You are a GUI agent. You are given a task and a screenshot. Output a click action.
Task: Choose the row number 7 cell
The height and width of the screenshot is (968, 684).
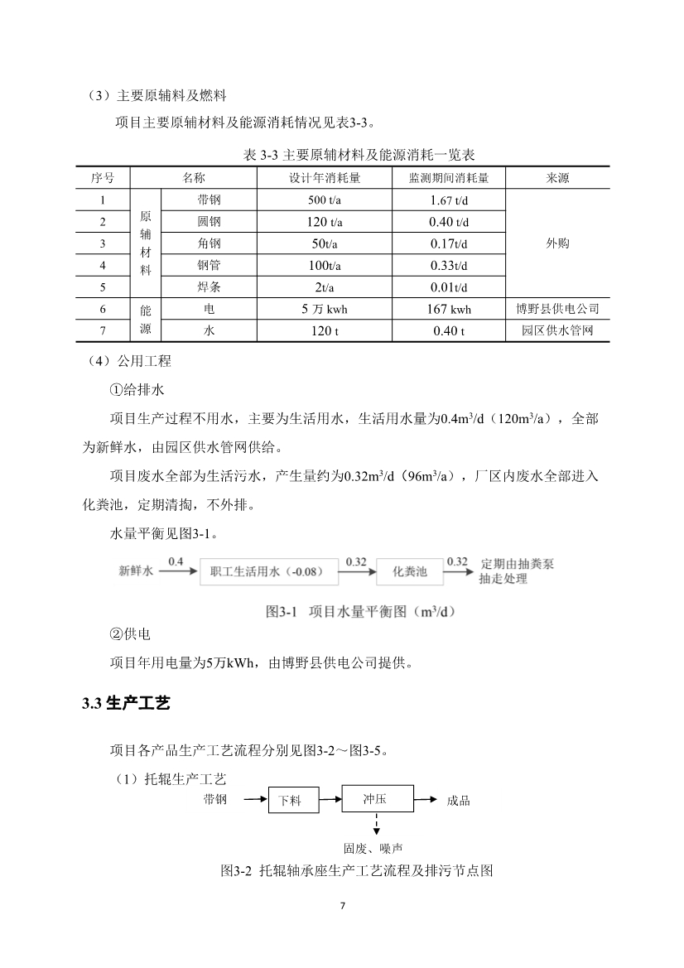(x=103, y=330)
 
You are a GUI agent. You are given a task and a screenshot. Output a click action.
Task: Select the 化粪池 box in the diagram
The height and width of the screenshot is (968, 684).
(x=409, y=571)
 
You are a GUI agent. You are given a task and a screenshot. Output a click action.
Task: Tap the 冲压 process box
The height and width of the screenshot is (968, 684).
(x=376, y=799)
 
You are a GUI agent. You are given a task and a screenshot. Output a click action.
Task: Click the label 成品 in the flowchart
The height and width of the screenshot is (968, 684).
(x=458, y=801)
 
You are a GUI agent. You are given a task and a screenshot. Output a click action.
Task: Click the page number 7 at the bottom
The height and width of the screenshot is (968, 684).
(x=342, y=905)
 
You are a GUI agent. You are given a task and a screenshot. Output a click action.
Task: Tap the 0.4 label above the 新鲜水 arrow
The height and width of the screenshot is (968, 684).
(x=176, y=561)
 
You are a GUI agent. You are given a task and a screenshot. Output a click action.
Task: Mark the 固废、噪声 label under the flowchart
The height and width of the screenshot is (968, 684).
(x=373, y=848)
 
